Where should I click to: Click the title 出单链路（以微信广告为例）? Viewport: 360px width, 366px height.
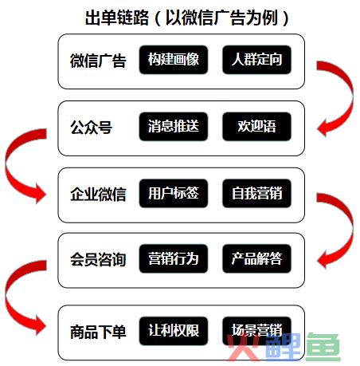[x=187, y=18]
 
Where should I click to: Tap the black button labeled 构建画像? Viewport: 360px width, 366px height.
[x=174, y=60]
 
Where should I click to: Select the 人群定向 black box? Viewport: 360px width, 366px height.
[x=256, y=60]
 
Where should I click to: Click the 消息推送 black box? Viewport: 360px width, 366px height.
[x=174, y=126]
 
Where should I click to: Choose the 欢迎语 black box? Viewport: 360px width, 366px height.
[x=256, y=126]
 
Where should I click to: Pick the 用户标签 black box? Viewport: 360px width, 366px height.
[x=174, y=193]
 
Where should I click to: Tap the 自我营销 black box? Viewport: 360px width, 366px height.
[x=256, y=193]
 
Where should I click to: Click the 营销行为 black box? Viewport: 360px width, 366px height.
[x=174, y=258]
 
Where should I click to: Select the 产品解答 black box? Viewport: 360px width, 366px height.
[x=256, y=258]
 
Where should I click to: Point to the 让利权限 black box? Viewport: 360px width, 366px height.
[x=174, y=331]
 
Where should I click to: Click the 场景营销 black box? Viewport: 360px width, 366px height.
[x=256, y=331]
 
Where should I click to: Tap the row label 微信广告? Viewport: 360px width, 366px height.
[x=98, y=61]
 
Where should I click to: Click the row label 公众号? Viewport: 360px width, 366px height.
[x=91, y=127]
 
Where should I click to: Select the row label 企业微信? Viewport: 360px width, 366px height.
[x=98, y=194]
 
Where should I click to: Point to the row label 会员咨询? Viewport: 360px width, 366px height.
[x=98, y=259]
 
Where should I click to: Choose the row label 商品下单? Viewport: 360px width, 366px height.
[x=98, y=332]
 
